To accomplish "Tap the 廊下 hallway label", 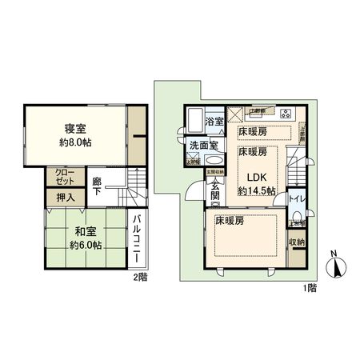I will (97, 186).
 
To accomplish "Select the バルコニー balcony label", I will (137, 240).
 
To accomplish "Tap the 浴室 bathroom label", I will (214, 122).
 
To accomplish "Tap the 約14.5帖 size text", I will (256, 191).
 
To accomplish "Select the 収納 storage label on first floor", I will (296, 241).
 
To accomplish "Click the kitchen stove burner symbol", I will (286, 112).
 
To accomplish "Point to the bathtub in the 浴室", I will (194, 123).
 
